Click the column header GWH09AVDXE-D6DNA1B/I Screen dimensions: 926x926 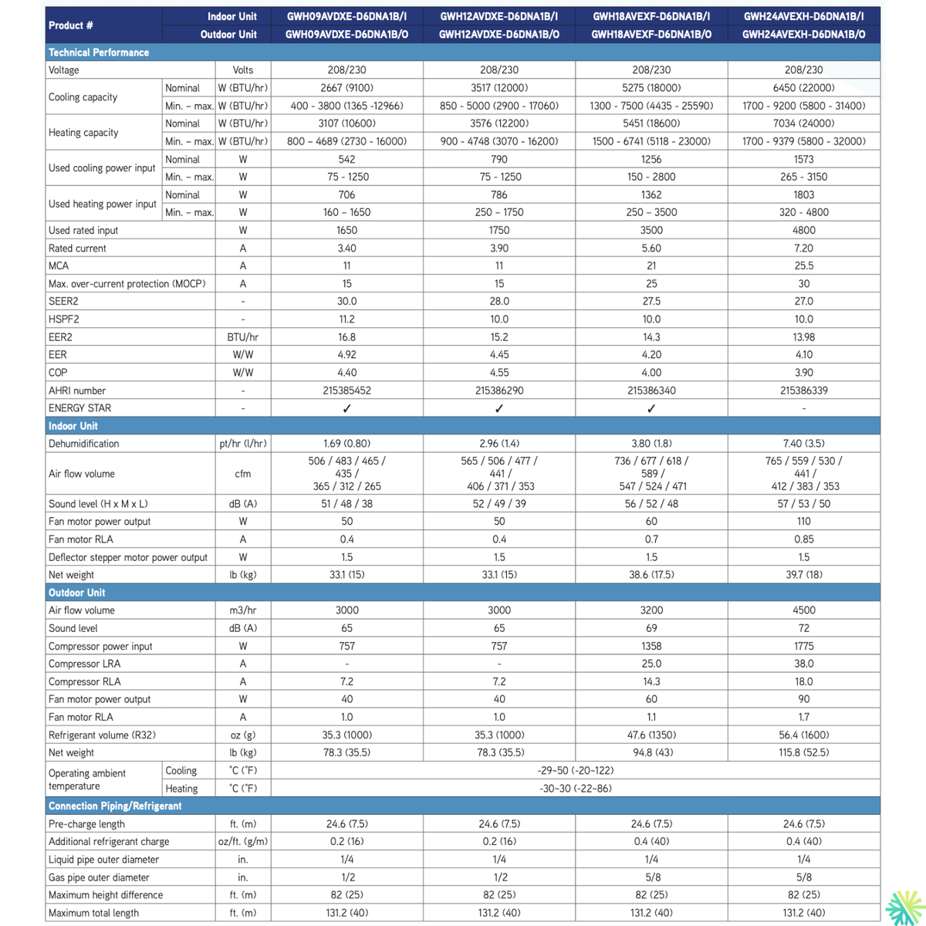[346, 16]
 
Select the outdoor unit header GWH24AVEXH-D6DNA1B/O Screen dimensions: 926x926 [803, 34]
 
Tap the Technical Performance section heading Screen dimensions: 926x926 [99, 52]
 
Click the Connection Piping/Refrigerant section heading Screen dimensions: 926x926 [115, 806]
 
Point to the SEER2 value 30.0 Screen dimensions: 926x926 [346, 302]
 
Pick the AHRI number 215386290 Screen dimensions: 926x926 [499, 390]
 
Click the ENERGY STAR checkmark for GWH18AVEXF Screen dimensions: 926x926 [651, 409]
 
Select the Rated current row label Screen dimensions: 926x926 [77, 248]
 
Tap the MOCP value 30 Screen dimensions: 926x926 [803, 284]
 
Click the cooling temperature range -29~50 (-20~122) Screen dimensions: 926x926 [575, 771]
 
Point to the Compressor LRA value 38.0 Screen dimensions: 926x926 [803, 664]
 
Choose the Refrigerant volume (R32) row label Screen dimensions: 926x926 [102, 735]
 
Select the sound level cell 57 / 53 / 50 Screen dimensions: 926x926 [803, 504]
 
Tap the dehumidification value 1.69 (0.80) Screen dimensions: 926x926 [346, 444]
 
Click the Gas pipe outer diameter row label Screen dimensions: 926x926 [99, 877]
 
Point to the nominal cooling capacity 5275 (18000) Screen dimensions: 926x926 [651, 88]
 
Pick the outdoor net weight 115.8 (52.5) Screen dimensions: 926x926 [803, 752]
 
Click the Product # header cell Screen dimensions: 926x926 [71, 25]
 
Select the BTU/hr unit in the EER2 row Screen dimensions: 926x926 [243, 337]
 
